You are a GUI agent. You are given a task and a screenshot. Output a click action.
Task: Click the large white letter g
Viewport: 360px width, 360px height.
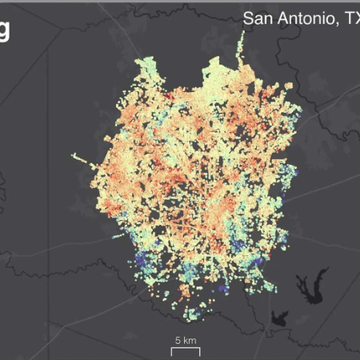tap(4, 32)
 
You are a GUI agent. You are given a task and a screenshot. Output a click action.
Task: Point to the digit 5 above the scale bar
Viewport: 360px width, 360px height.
tap(178, 340)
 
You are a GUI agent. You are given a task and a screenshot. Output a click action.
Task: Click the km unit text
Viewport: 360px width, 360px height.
tap(190, 340)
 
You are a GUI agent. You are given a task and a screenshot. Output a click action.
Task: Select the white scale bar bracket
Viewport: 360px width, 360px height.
tap(186, 351)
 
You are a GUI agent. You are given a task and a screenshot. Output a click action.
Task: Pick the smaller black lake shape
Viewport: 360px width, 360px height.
tap(280, 318)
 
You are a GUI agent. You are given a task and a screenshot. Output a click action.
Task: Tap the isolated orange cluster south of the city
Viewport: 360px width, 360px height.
tap(184, 291)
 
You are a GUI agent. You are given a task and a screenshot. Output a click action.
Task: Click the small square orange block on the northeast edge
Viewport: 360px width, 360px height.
tap(289, 86)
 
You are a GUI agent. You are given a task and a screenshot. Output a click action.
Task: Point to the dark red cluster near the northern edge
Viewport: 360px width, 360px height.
tap(170, 96)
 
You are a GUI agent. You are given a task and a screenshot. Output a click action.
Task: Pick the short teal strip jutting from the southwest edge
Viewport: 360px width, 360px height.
tap(118, 236)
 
